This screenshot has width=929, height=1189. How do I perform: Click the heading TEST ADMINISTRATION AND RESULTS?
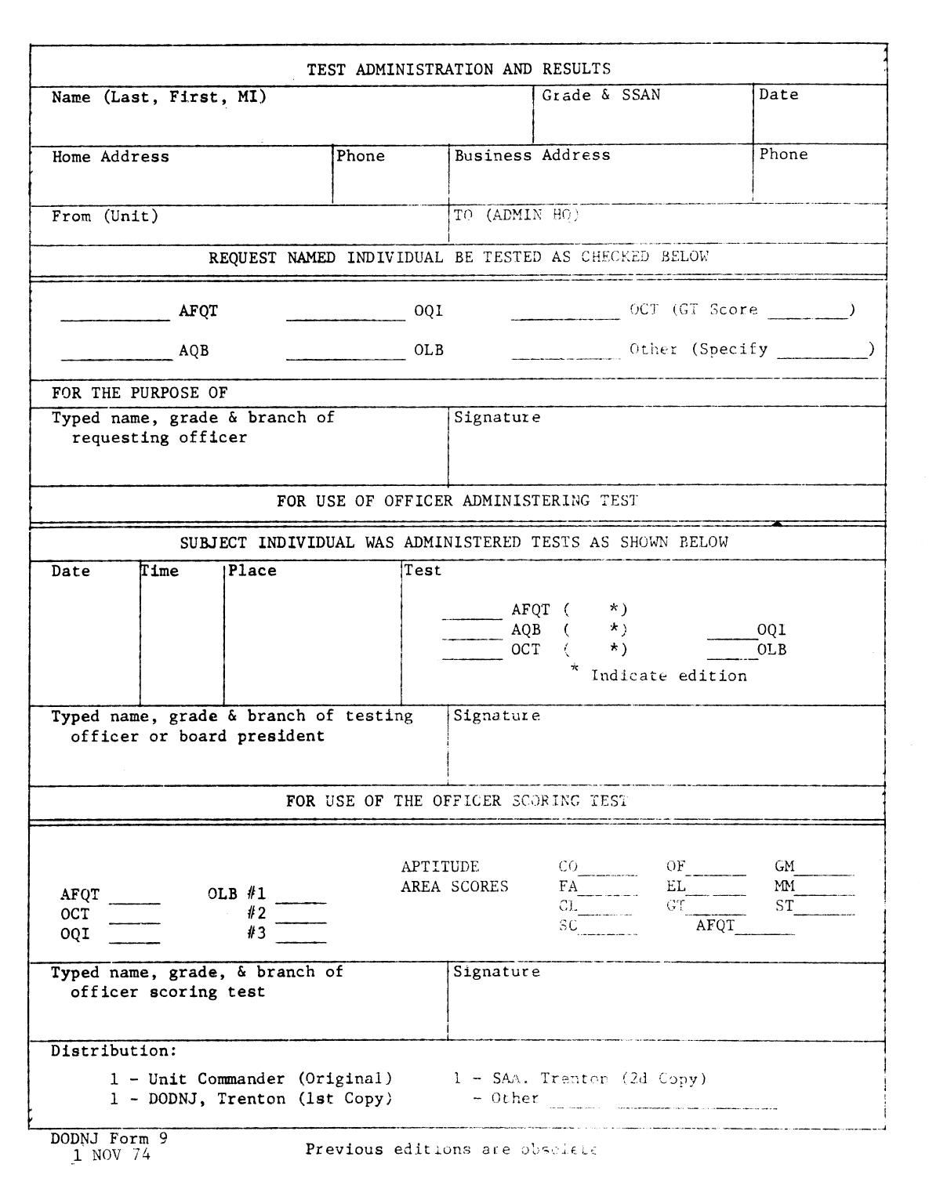coord(459,69)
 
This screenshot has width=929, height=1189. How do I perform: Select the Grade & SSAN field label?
coord(601,95)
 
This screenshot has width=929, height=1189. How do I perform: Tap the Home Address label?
coord(111,157)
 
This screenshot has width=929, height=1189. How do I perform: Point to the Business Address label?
coord(532,155)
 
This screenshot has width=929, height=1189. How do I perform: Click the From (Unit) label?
coord(105,216)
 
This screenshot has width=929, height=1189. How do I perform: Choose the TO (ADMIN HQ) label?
coord(516,216)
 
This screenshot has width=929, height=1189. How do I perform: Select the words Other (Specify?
coord(699,350)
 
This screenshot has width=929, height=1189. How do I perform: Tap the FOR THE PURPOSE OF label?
coord(140,393)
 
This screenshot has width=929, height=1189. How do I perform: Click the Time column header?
coord(160,571)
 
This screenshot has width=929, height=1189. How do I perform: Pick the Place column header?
coord(252,571)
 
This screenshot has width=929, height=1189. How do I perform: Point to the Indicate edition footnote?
coord(668,676)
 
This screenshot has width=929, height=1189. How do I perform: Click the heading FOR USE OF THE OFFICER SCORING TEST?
coord(456,801)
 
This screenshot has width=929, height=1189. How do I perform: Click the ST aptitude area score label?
coord(784,906)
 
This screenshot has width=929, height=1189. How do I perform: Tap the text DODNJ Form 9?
coord(109,1138)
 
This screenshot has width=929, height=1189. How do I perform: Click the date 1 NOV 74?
coord(111,1155)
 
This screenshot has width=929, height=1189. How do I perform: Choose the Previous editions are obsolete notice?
coord(452,1150)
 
